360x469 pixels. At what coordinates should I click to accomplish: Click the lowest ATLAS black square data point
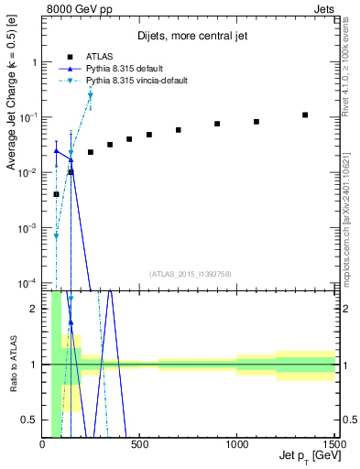56,194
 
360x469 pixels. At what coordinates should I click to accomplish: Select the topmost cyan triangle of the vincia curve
90,95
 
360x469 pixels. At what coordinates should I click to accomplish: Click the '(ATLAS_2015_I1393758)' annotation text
190,273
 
